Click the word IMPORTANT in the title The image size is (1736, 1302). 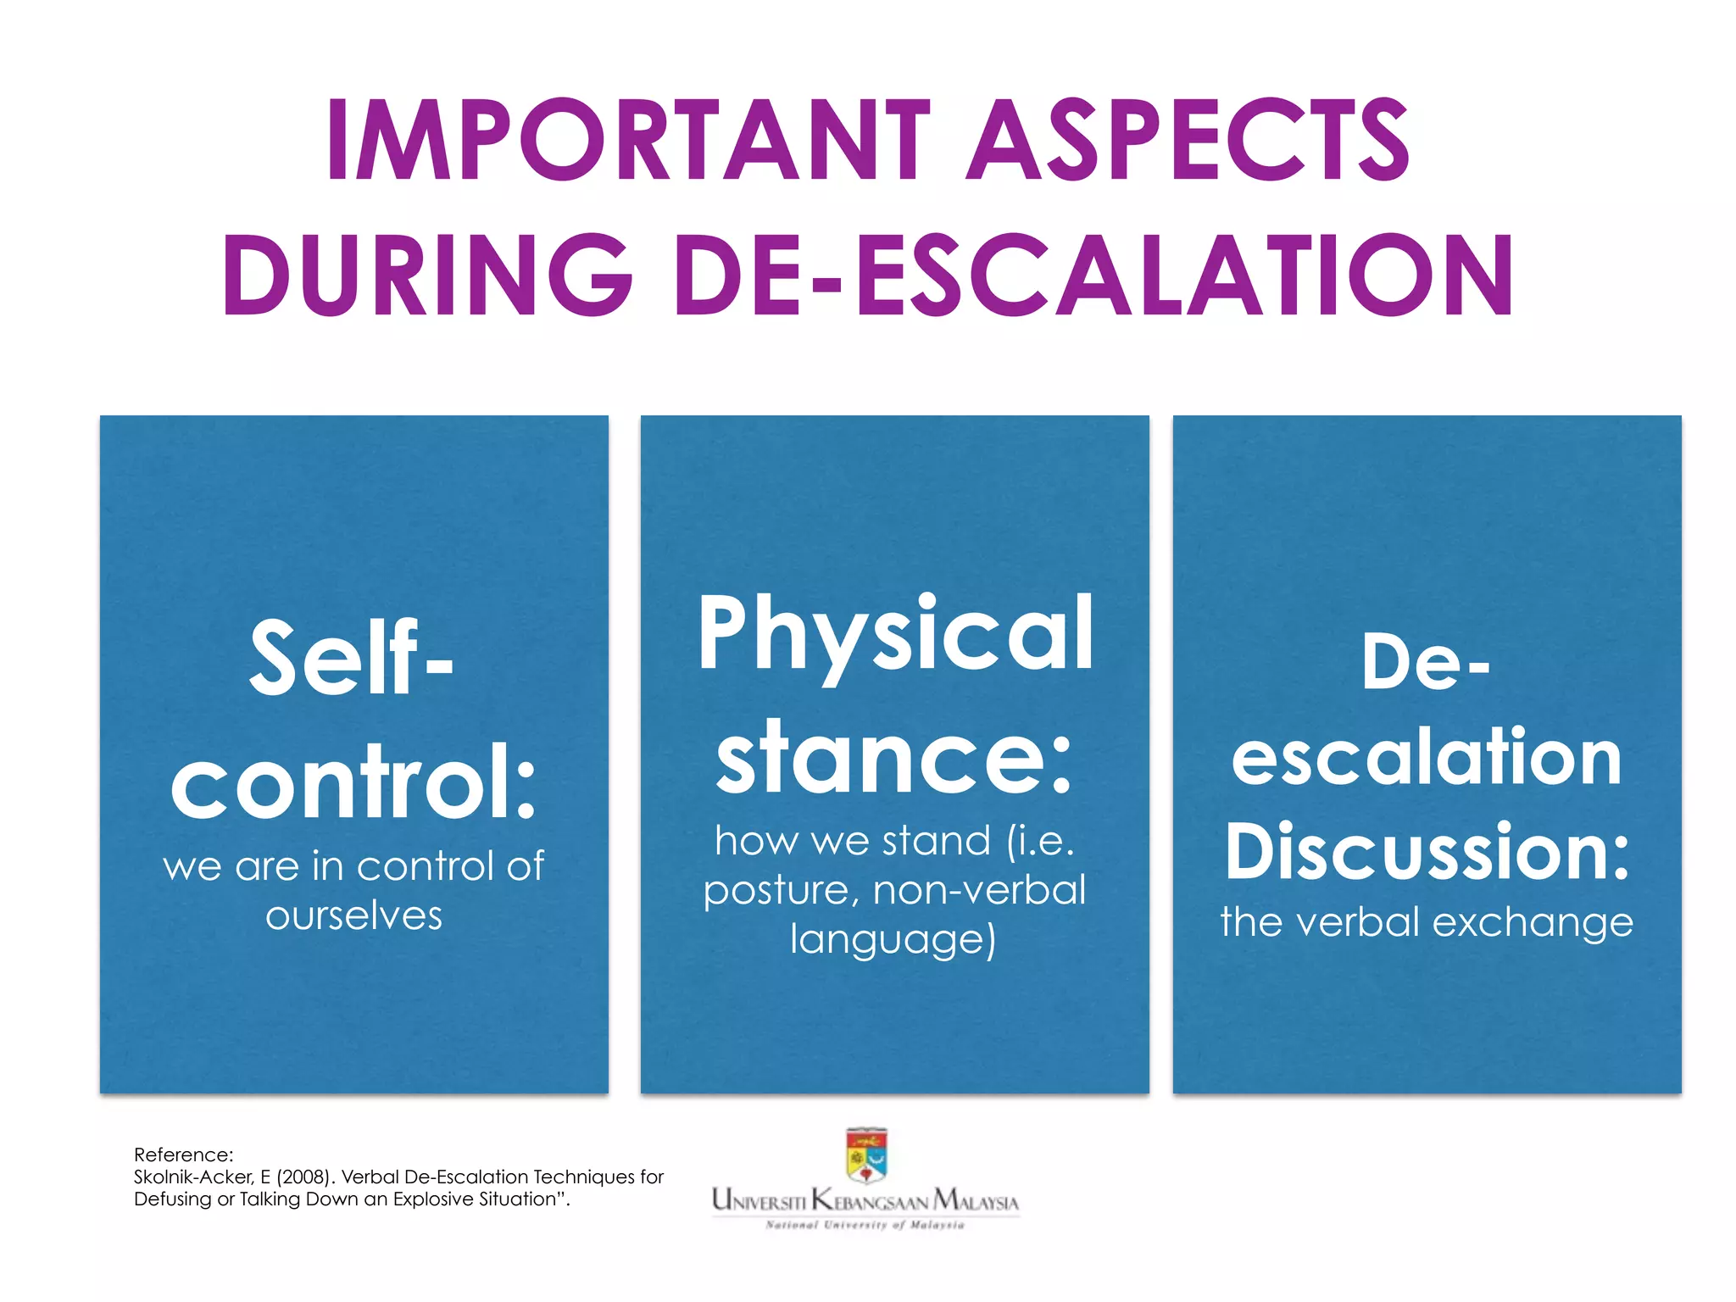tap(628, 140)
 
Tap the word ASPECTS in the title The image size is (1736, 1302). tap(1188, 140)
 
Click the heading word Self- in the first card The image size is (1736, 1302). tap(352, 659)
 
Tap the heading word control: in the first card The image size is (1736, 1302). tap(353, 782)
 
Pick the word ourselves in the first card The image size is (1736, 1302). tap(353, 916)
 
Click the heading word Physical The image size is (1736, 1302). tap(895, 636)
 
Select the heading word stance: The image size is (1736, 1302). tap(894, 756)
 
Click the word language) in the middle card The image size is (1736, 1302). tap(893, 940)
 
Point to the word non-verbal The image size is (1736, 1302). tap(979, 890)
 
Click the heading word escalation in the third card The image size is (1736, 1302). tap(1427, 756)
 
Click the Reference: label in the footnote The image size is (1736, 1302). tap(183, 1155)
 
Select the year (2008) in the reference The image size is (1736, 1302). tap(305, 1177)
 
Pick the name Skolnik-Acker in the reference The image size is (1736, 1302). tap(194, 1177)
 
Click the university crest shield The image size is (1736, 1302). tap(866, 1155)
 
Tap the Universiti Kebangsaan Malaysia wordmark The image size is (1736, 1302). tap(865, 1200)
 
